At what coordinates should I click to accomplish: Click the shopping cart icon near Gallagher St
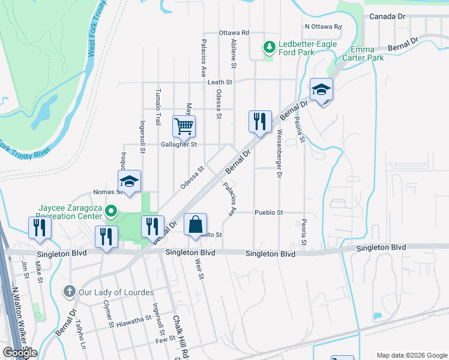point(184,126)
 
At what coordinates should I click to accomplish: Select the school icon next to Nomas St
point(129,182)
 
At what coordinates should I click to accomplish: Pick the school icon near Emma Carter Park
point(321,90)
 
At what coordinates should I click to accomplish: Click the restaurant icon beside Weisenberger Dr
point(260,121)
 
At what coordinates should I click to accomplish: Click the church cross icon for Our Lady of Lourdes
point(70,292)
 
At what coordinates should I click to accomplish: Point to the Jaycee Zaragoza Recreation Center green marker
point(110,211)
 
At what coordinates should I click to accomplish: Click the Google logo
point(20,353)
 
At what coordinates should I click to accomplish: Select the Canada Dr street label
point(388,16)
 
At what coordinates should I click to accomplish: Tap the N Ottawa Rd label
point(323,27)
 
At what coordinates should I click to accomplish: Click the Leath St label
point(220,82)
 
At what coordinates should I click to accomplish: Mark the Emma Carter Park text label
point(367,53)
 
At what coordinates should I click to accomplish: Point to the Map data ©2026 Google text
point(411,355)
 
